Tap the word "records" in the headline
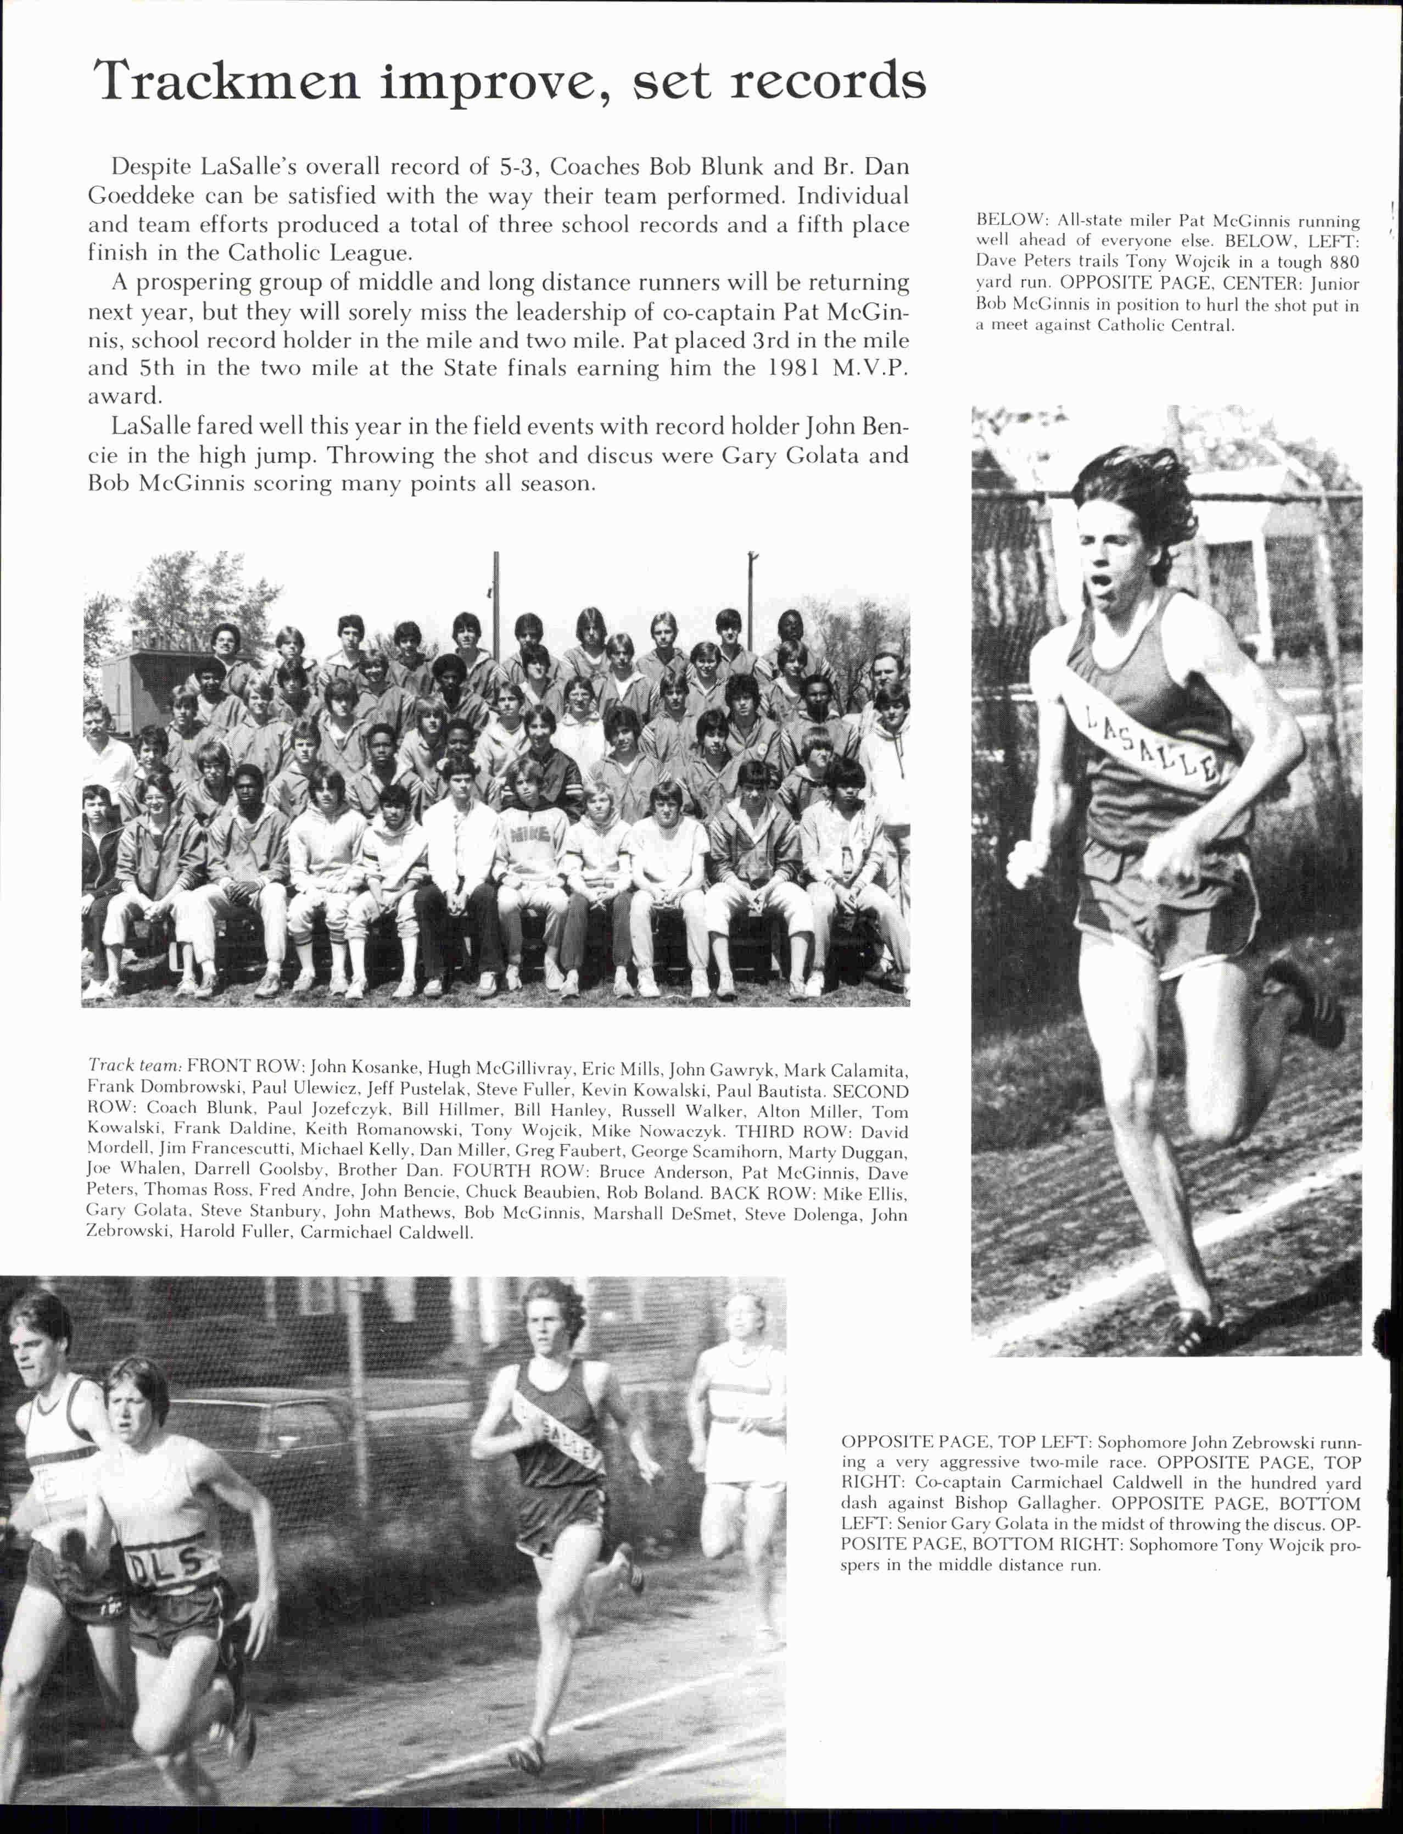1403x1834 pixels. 827,82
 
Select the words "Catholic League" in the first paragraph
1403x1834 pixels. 318,252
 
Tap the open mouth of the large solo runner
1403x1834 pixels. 1103,579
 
